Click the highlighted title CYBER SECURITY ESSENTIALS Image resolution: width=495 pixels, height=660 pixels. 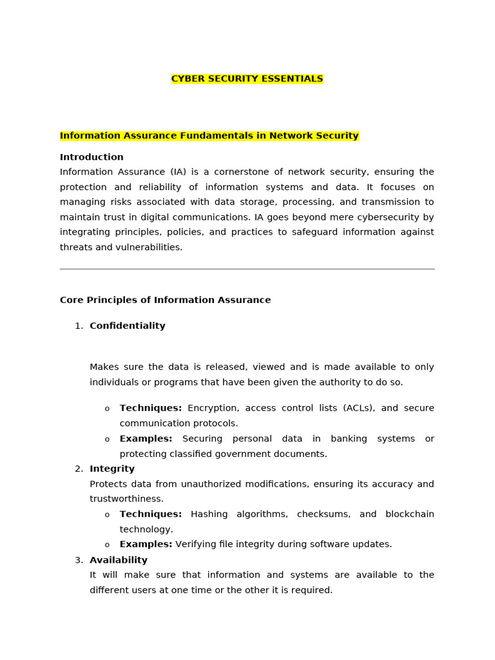pos(247,79)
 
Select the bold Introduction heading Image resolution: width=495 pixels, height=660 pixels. pos(92,157)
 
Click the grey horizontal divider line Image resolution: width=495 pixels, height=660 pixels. pos(247,269)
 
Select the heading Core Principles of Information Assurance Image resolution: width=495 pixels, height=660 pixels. pos(165,300)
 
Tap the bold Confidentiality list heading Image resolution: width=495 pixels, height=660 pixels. pos(128,326)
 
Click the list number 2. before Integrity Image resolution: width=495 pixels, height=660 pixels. pos(79,469)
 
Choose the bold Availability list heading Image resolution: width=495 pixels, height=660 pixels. pos(119,560)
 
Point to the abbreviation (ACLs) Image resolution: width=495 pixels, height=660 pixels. pos(358,408)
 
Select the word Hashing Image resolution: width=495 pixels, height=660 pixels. pos(209,514)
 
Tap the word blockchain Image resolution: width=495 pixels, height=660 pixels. pos(409,514)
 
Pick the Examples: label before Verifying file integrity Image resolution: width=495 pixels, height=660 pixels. pos(146,545)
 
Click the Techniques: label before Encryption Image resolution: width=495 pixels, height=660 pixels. pos(151,408)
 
